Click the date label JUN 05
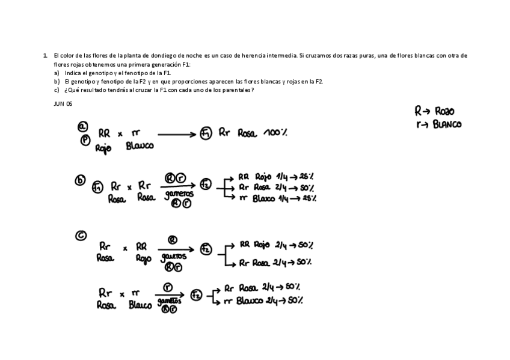63,104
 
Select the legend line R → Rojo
434,111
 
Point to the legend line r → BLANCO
438,124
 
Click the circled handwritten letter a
82,126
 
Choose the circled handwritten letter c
81,236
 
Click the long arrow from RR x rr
177,135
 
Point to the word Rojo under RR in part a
103,148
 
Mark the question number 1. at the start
45,55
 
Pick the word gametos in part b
179,194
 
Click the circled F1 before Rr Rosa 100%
206,133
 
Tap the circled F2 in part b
206,184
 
